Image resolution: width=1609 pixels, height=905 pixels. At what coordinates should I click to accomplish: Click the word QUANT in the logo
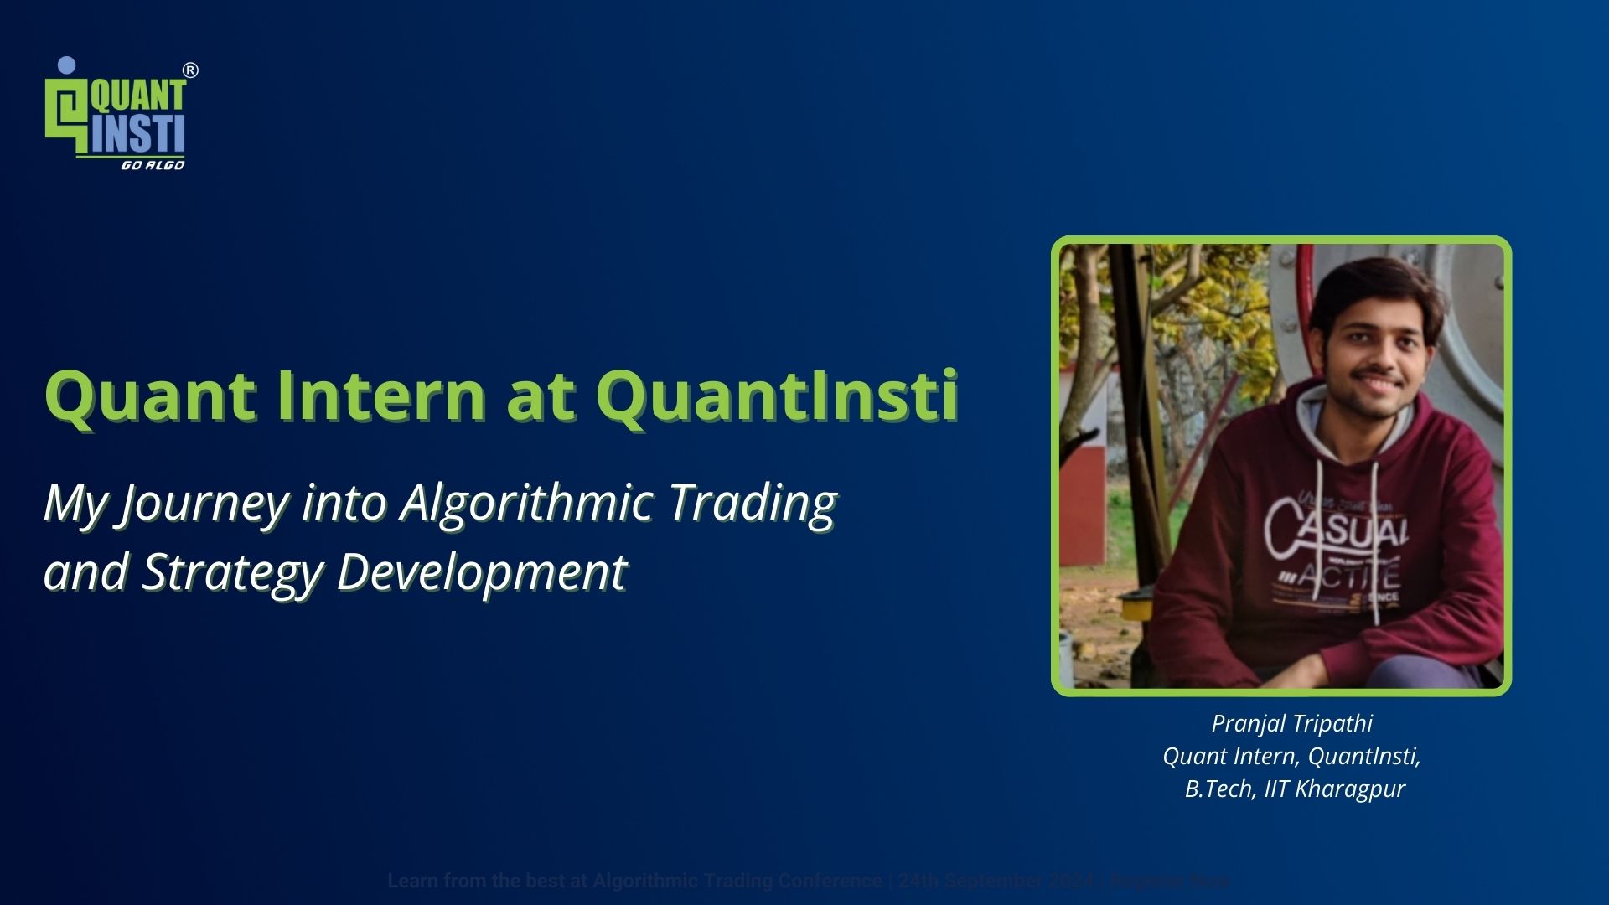138,95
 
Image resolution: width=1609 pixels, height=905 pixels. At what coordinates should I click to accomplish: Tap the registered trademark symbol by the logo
190,70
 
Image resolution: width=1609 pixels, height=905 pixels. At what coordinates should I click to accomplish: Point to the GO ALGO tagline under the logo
153,165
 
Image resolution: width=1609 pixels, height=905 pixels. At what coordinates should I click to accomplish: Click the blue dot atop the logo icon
67,65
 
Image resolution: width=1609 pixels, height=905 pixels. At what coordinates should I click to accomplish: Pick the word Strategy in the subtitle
232,573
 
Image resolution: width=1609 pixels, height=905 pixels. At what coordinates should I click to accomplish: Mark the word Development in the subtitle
481,573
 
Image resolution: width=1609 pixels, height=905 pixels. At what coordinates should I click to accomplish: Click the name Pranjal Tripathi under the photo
1291,723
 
